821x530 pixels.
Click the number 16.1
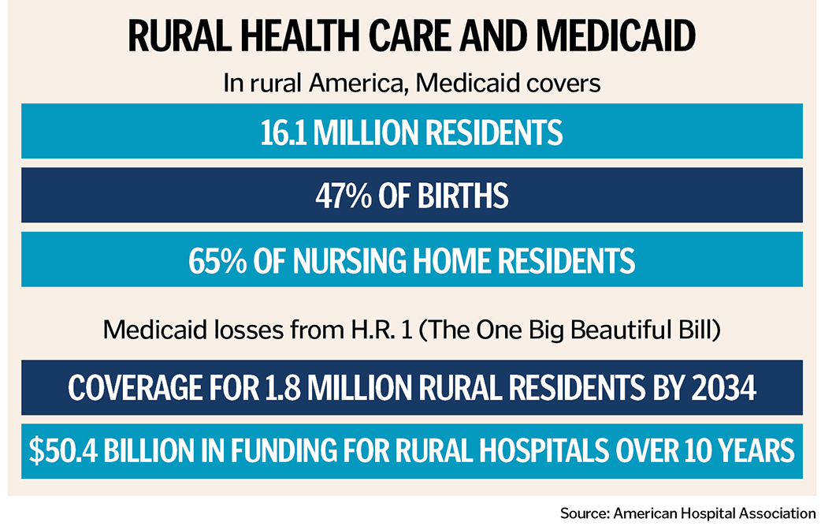pos(284,132)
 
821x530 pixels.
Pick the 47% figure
pos(343,196)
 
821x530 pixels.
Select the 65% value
pos(217,261)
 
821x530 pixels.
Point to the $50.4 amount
pos(63,451)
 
